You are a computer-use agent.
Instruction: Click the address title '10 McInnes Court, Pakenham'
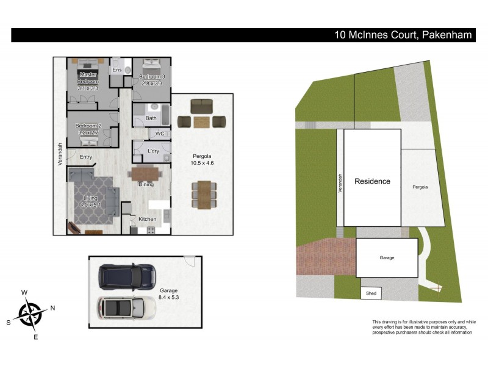(403, 35)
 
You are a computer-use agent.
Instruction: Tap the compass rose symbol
(30, 314)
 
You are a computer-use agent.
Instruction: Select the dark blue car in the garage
(127, 276)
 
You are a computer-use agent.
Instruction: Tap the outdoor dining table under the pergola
(202, 195)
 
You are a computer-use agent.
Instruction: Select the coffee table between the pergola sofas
(202, 121)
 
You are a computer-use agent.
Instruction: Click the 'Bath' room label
(151, 118)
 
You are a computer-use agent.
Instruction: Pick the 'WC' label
(160, 133)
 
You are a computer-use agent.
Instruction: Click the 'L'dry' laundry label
(154, 151)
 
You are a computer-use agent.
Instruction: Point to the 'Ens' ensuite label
(117, 70)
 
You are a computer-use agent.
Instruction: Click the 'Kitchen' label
(147, 219)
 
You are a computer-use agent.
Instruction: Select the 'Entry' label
(86, 157)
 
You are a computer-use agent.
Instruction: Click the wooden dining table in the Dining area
(146, 173)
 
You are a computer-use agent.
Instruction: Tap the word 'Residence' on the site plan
(372, 181)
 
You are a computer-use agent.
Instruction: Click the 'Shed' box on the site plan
(371, 293)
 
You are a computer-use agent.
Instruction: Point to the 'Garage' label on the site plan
(387, 257)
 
